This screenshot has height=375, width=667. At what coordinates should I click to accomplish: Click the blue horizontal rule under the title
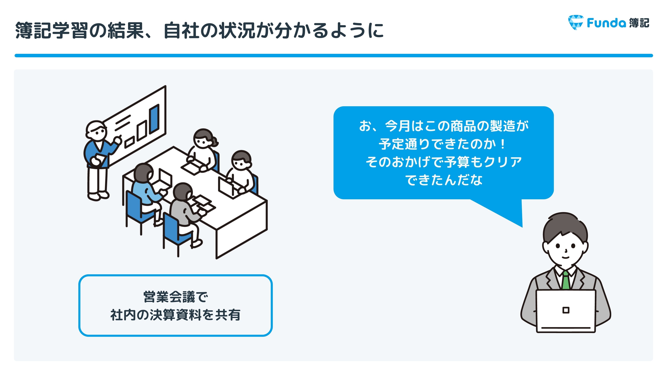(334, 55)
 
